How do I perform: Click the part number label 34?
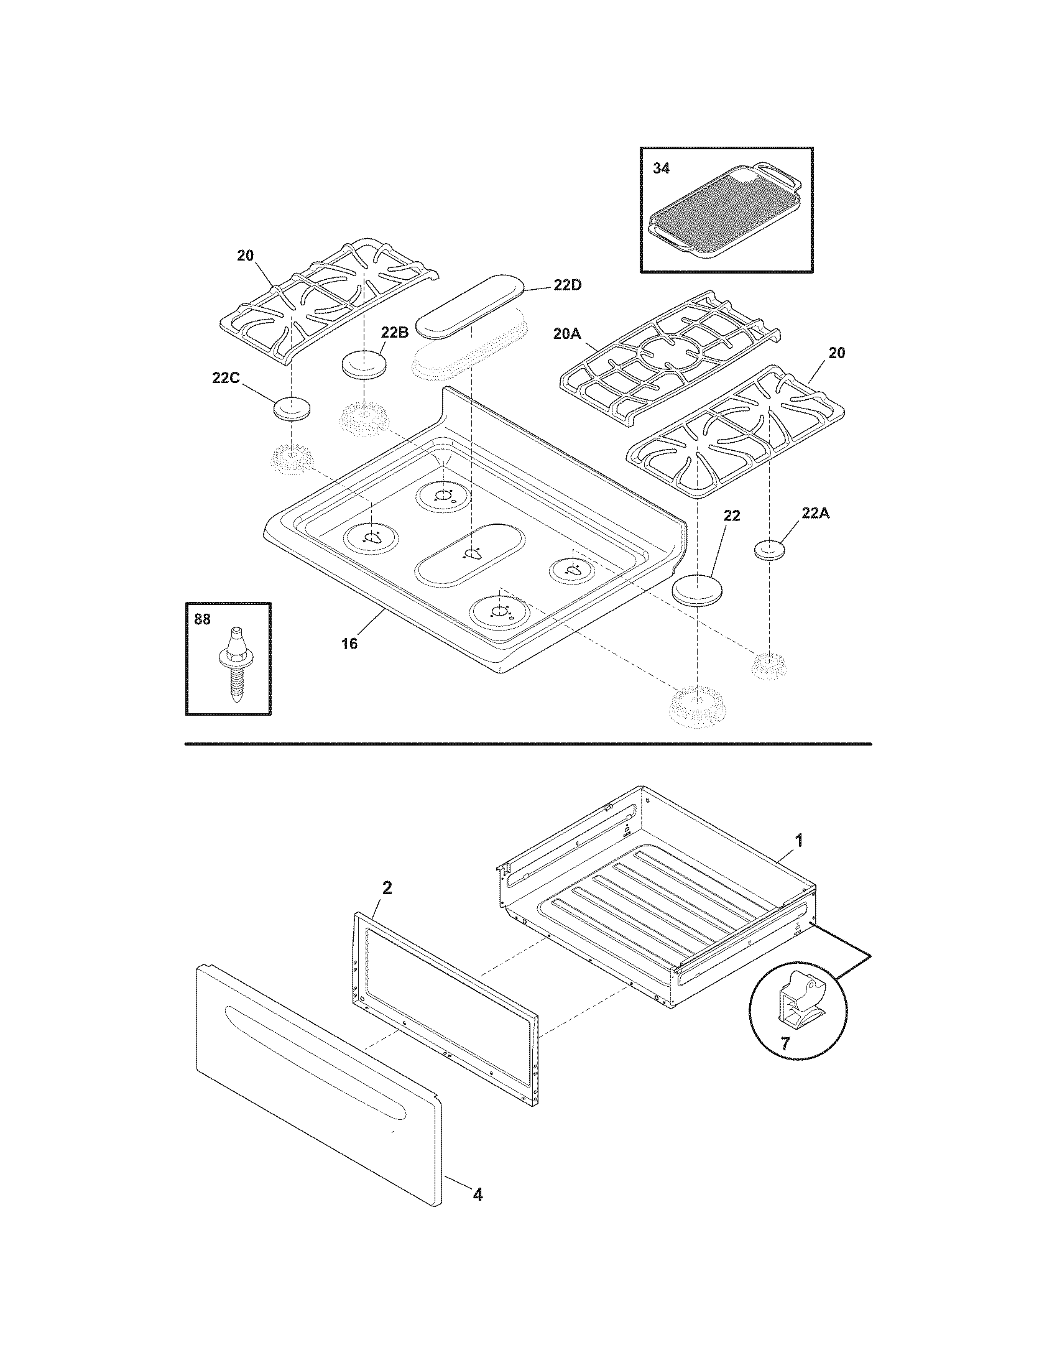662,169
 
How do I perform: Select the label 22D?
567,285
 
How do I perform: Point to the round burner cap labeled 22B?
363,364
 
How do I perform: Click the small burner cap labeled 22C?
293,409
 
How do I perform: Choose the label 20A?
567,334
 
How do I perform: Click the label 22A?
816,514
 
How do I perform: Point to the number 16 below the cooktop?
349,644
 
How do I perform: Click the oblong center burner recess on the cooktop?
469,555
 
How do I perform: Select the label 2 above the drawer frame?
387,887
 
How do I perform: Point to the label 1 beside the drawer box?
798,841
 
